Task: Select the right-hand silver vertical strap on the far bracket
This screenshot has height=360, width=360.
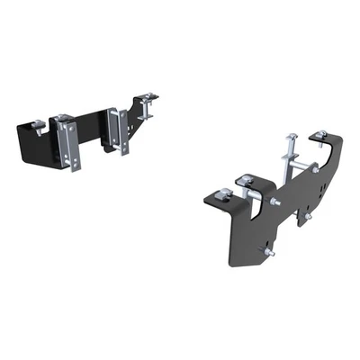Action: tap(113, 131)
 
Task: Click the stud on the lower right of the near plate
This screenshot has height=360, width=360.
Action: tap(308, 216)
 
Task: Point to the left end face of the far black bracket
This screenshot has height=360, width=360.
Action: tap(21, 144)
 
